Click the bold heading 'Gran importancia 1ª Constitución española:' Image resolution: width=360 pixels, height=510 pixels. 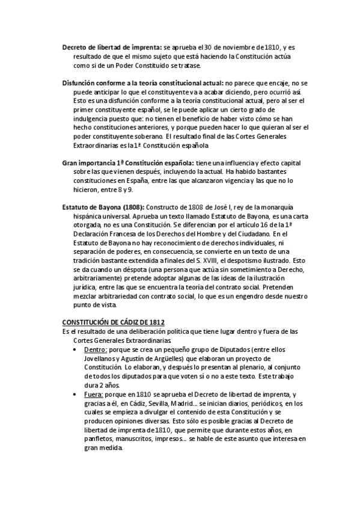click(x=127, y=163)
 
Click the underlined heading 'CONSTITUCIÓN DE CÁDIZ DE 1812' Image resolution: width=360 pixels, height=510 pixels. click(x=114, y=322)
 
